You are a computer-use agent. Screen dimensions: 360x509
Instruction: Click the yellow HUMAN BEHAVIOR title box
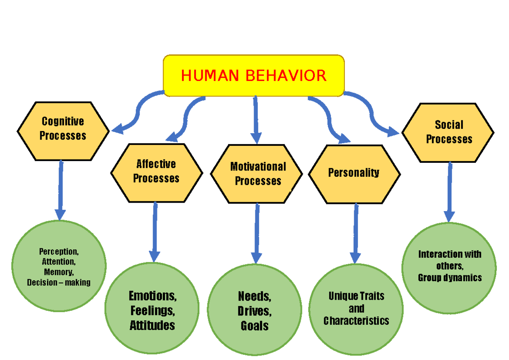click(254, 75)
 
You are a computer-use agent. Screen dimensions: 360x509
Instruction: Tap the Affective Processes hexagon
click(156, 171)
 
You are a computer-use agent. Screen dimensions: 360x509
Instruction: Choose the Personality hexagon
click(353, 173)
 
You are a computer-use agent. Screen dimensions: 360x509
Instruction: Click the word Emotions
click(153, 295)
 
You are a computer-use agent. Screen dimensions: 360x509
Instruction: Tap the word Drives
click(254, 311)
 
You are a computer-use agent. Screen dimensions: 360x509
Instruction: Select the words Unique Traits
click(356, 296)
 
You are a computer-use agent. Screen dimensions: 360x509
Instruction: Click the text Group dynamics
click(450, 278)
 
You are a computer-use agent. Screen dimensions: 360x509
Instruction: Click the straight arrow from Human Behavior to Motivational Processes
click(256, 119)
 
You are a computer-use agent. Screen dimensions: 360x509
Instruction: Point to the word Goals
click(255, 326)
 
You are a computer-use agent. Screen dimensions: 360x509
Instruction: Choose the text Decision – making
click(59, 282)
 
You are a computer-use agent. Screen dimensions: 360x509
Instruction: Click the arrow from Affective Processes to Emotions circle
click(154, 231)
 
